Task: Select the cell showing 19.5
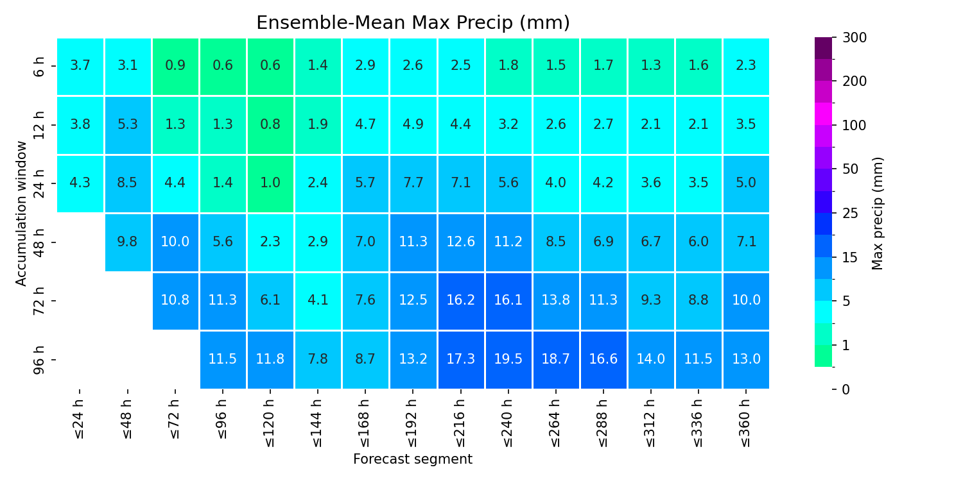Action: [508, 359]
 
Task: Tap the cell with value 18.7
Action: [556, 359]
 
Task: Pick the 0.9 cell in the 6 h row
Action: [175, 66]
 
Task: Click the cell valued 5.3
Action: [128, 125]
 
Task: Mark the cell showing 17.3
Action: [460, 359]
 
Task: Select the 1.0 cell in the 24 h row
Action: [270, 183]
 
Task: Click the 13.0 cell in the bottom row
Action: [746, 359]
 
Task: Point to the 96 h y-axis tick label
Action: [39, 360]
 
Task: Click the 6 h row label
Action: [39, 67]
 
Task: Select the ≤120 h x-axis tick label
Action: [270, 423]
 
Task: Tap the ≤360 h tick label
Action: [746, 423]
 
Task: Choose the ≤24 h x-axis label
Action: [80, 419]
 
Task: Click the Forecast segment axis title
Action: [413, 459]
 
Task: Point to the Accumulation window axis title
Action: [21, 214]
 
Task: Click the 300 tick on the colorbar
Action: [855, 38]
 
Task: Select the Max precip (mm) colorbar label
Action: [877, 214]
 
